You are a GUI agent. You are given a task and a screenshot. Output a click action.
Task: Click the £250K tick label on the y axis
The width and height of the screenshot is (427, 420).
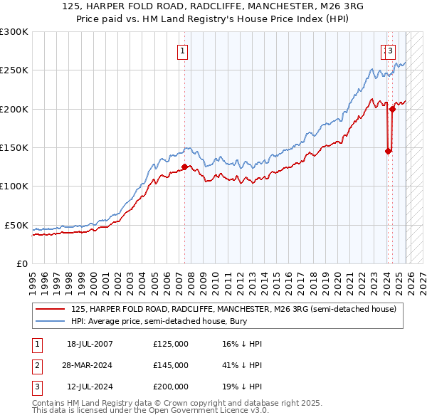click(14, 70)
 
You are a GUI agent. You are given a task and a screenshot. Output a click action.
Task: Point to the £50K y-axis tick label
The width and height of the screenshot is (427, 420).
click(16, 225)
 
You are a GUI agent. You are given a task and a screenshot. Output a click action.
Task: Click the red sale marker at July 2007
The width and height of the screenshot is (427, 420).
click(184, 167)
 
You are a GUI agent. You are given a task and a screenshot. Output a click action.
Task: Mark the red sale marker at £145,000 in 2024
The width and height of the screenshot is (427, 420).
click(388, 151)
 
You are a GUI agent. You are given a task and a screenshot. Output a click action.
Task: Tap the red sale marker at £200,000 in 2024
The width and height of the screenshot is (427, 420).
click(391, 109)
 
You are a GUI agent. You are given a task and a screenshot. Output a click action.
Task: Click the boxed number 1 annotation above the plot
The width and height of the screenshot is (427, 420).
click(183, 51)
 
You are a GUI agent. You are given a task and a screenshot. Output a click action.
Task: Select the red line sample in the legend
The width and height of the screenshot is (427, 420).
click(51, 309)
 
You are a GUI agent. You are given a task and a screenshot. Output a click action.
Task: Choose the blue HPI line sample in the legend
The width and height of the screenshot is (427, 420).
click(51, 322)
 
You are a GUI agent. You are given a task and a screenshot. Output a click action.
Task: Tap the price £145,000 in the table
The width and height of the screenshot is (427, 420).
click(170, 365)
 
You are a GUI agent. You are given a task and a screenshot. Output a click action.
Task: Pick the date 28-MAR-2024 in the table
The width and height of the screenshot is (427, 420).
click(87, 365)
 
